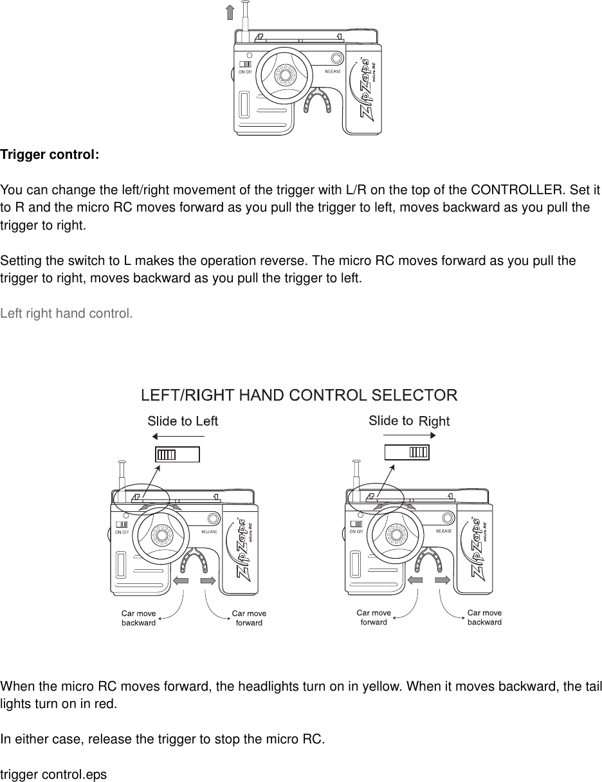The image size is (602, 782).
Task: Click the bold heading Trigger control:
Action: [50, 156]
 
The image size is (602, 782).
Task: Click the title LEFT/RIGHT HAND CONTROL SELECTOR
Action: [299, 394]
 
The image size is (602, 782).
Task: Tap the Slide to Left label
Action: [183, 421]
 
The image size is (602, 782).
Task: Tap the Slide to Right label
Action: [408, 421]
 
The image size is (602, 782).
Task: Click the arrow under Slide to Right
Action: [410, 435]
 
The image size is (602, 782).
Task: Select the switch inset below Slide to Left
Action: [178, 454]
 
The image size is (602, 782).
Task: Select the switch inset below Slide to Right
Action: [406, 452]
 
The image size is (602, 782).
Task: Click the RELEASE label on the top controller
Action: [333, 71]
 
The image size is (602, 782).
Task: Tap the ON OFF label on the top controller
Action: [246, 72]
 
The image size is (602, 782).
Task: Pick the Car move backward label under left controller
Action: [138, 618]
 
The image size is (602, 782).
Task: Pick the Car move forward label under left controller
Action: [249, 618]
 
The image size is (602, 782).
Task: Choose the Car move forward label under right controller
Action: [374, 617]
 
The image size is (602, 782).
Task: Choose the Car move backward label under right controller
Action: [484, 617]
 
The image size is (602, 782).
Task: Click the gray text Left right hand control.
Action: [67, 314]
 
